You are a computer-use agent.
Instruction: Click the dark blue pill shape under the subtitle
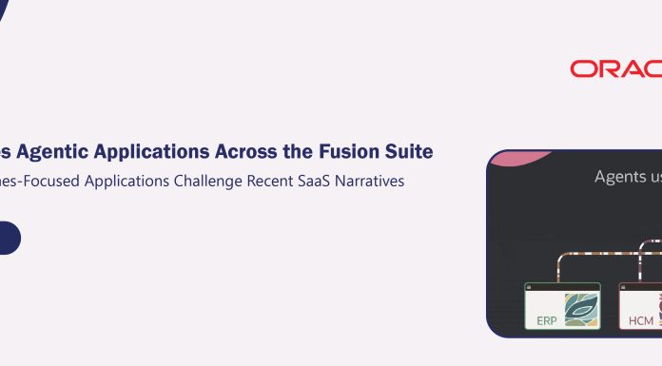(x=9, y=238)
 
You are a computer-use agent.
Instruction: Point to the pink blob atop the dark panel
(x=518, y=158)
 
